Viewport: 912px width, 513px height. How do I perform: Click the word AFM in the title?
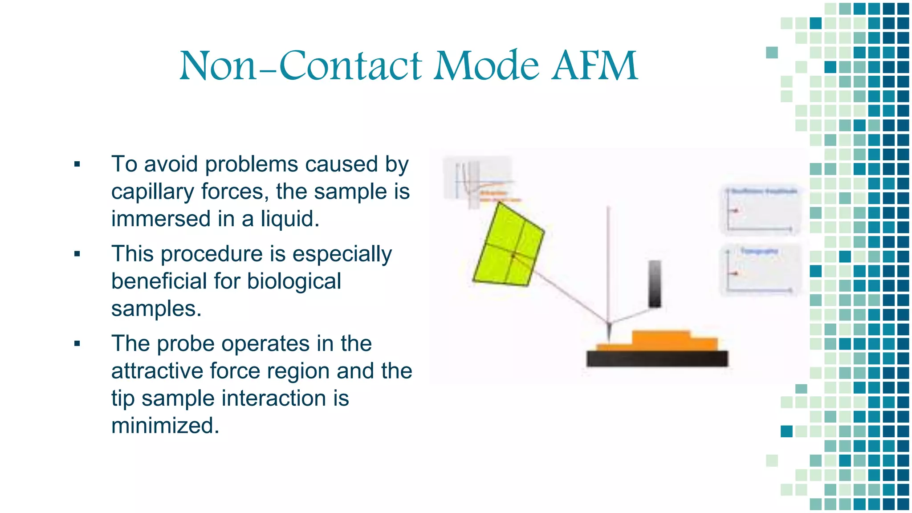coord(594,66)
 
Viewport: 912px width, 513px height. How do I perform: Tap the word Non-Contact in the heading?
coord(300,66)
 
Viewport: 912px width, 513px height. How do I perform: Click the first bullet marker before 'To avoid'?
coord(77,164)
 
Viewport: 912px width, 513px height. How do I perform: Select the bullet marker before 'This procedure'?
coord(77,254)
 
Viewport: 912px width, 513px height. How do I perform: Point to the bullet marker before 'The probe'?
coord(77,344)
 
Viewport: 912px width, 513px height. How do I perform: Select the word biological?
coord(294,281)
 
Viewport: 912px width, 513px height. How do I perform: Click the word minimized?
coord(165,426)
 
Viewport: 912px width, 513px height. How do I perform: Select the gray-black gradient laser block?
coord(655,284)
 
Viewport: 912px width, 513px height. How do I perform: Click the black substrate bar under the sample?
coord(657,359)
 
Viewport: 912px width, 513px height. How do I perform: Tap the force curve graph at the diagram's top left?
coord(477,182)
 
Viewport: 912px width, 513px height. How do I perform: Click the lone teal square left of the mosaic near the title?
coord(772,53)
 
